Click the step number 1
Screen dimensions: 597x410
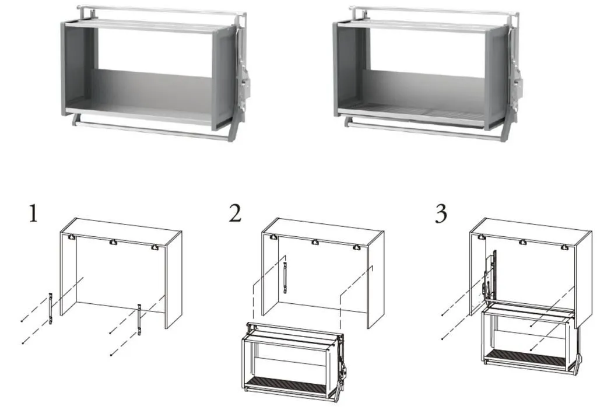pos(33,213)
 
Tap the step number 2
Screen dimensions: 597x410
pos(235,213)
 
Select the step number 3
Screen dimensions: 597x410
pos(441,213)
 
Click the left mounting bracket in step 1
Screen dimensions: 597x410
pos(50,309)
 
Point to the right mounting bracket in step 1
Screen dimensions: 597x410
pos(139,320)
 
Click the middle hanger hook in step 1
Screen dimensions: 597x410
pos(113,242)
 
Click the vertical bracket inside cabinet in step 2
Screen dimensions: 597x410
pos(285,278)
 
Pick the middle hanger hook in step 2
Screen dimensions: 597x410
pos(315,242)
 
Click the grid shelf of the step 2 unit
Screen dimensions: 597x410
pos(286,384)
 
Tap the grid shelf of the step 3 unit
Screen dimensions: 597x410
pos(525,358)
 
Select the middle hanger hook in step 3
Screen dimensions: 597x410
pos(523,242)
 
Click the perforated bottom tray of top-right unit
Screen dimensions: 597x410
pos(419,111)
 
